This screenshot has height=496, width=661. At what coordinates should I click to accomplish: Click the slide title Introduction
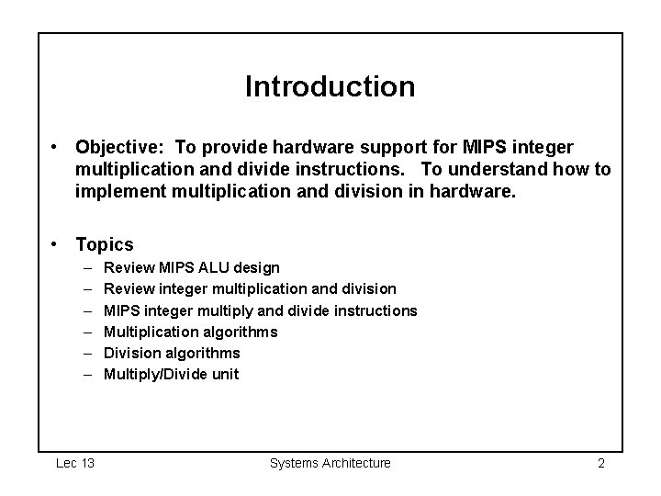click(x=330, y=86)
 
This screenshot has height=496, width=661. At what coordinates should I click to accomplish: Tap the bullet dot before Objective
click(x=57, y=147)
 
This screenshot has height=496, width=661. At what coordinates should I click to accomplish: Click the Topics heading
click(x=105, y=244)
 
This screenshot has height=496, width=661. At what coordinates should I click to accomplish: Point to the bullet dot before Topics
click(x=57, y=244)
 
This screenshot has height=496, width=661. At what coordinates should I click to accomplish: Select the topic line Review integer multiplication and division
click(x=250, y=289)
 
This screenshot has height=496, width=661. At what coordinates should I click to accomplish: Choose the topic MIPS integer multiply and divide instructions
click(x=260, y=310)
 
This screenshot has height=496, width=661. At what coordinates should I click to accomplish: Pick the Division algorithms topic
click(x=172, y=353)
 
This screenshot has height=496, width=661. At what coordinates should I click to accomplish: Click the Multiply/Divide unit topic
click(x=171, y=374)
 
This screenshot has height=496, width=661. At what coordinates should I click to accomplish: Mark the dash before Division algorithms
click(x=86, y=353)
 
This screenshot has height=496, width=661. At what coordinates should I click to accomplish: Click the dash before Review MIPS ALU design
click(x=86, y=268)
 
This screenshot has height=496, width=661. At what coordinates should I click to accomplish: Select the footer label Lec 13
click(x=75, y=463)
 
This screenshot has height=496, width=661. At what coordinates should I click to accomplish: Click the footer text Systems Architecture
click(x=330, y=463)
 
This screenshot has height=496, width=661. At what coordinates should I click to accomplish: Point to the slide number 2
click(x=600, y=463)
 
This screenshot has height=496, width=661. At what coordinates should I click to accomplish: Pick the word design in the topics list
click(x=259, y=268)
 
